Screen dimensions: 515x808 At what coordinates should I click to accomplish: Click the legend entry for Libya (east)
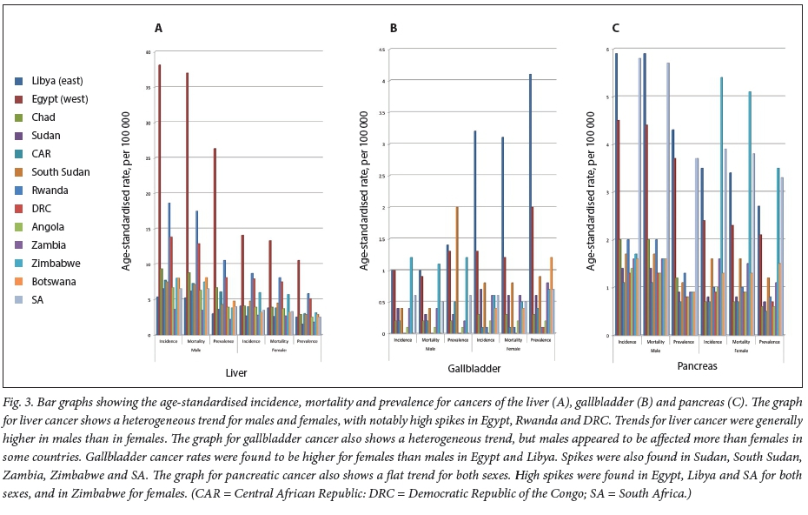(56, 81)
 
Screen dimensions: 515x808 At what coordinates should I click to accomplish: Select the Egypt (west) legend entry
(57, 99)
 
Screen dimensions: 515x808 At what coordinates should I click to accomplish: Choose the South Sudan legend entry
(61, 172)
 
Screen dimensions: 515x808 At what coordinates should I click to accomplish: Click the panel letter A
(158, 28)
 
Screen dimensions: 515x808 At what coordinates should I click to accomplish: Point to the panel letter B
(394, 28)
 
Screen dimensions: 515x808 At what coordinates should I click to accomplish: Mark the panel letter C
(615, 28)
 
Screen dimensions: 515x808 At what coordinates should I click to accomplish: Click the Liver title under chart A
(236, 373)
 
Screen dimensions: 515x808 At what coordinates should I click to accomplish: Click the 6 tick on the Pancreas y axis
(607, 50)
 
